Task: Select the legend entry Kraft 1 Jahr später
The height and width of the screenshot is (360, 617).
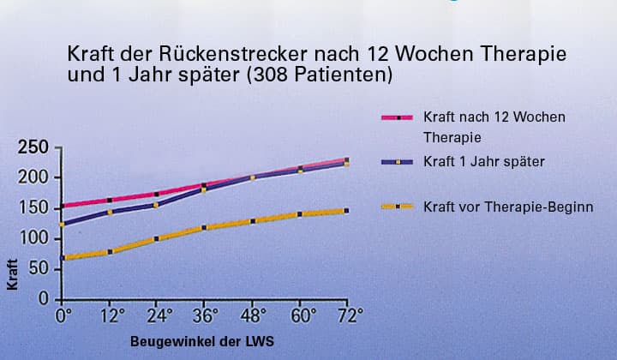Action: (484, 161)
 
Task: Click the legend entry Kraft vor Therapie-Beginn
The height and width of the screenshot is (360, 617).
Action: (508, 207)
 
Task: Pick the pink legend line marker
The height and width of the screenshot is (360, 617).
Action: (398, 117)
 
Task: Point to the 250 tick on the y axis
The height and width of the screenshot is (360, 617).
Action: (33, 147)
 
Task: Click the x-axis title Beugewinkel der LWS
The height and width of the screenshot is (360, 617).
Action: (203, 341)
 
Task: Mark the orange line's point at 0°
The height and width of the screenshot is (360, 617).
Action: (63, 258)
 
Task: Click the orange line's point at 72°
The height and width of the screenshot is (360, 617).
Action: (346, 210)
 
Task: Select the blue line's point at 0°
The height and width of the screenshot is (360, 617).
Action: (63, 225)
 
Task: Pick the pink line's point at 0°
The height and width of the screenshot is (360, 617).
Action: (63, 206)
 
